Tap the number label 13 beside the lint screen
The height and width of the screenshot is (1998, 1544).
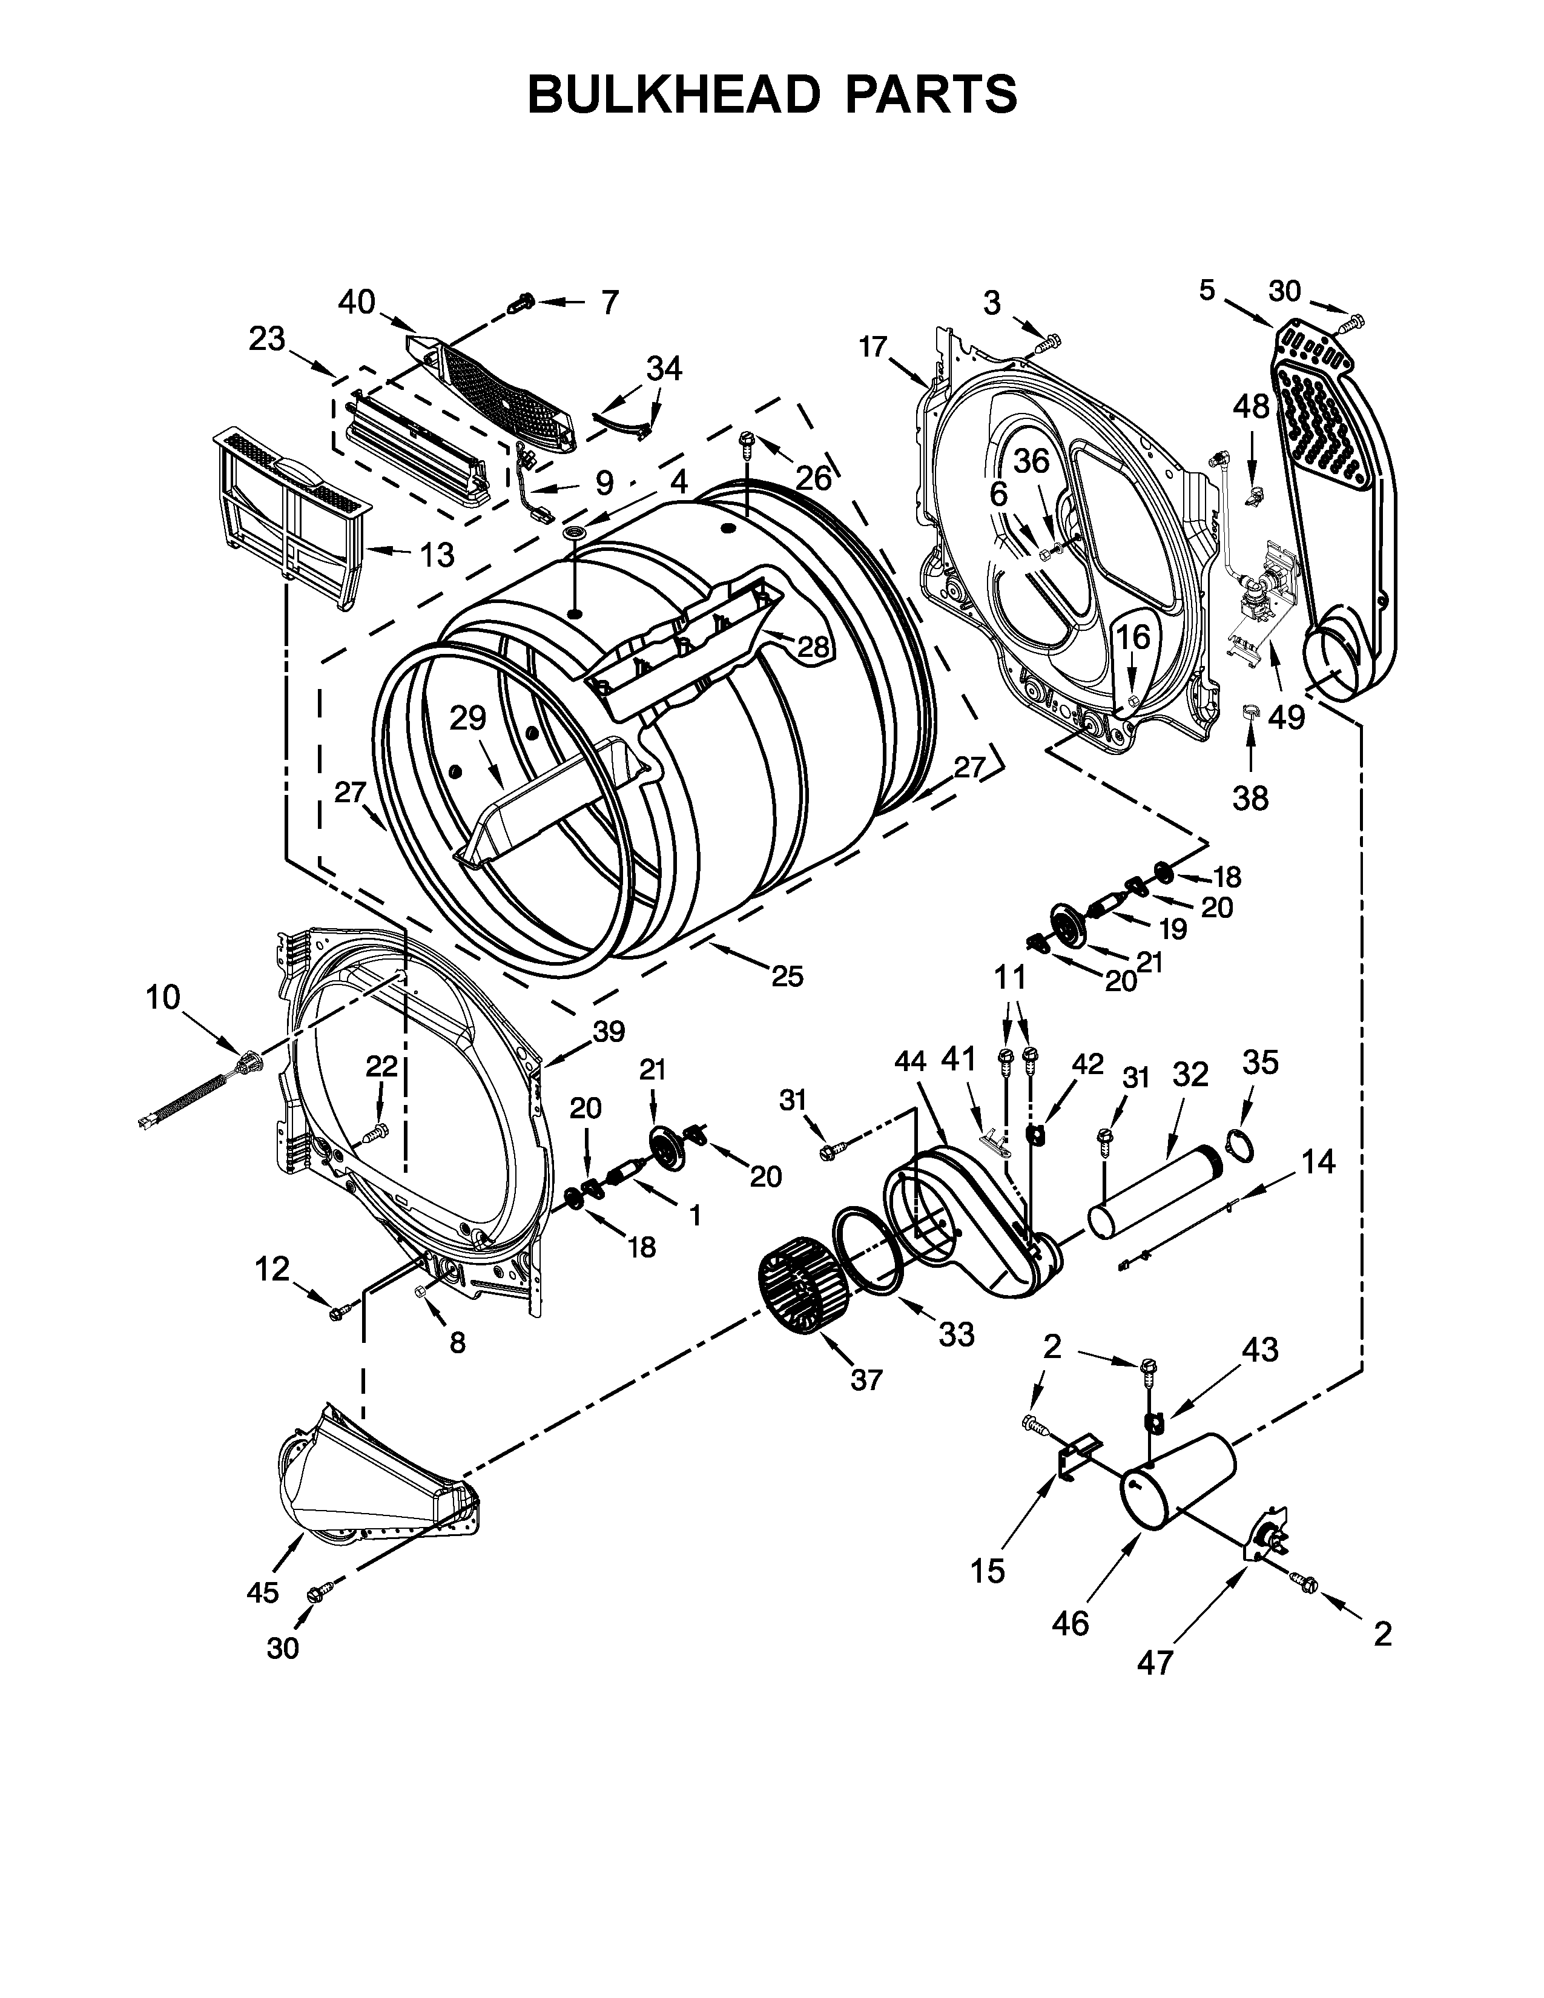click(437, 555)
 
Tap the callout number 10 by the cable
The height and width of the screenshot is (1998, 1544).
click(163, 997)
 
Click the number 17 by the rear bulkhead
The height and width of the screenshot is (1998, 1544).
click(874, 347)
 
